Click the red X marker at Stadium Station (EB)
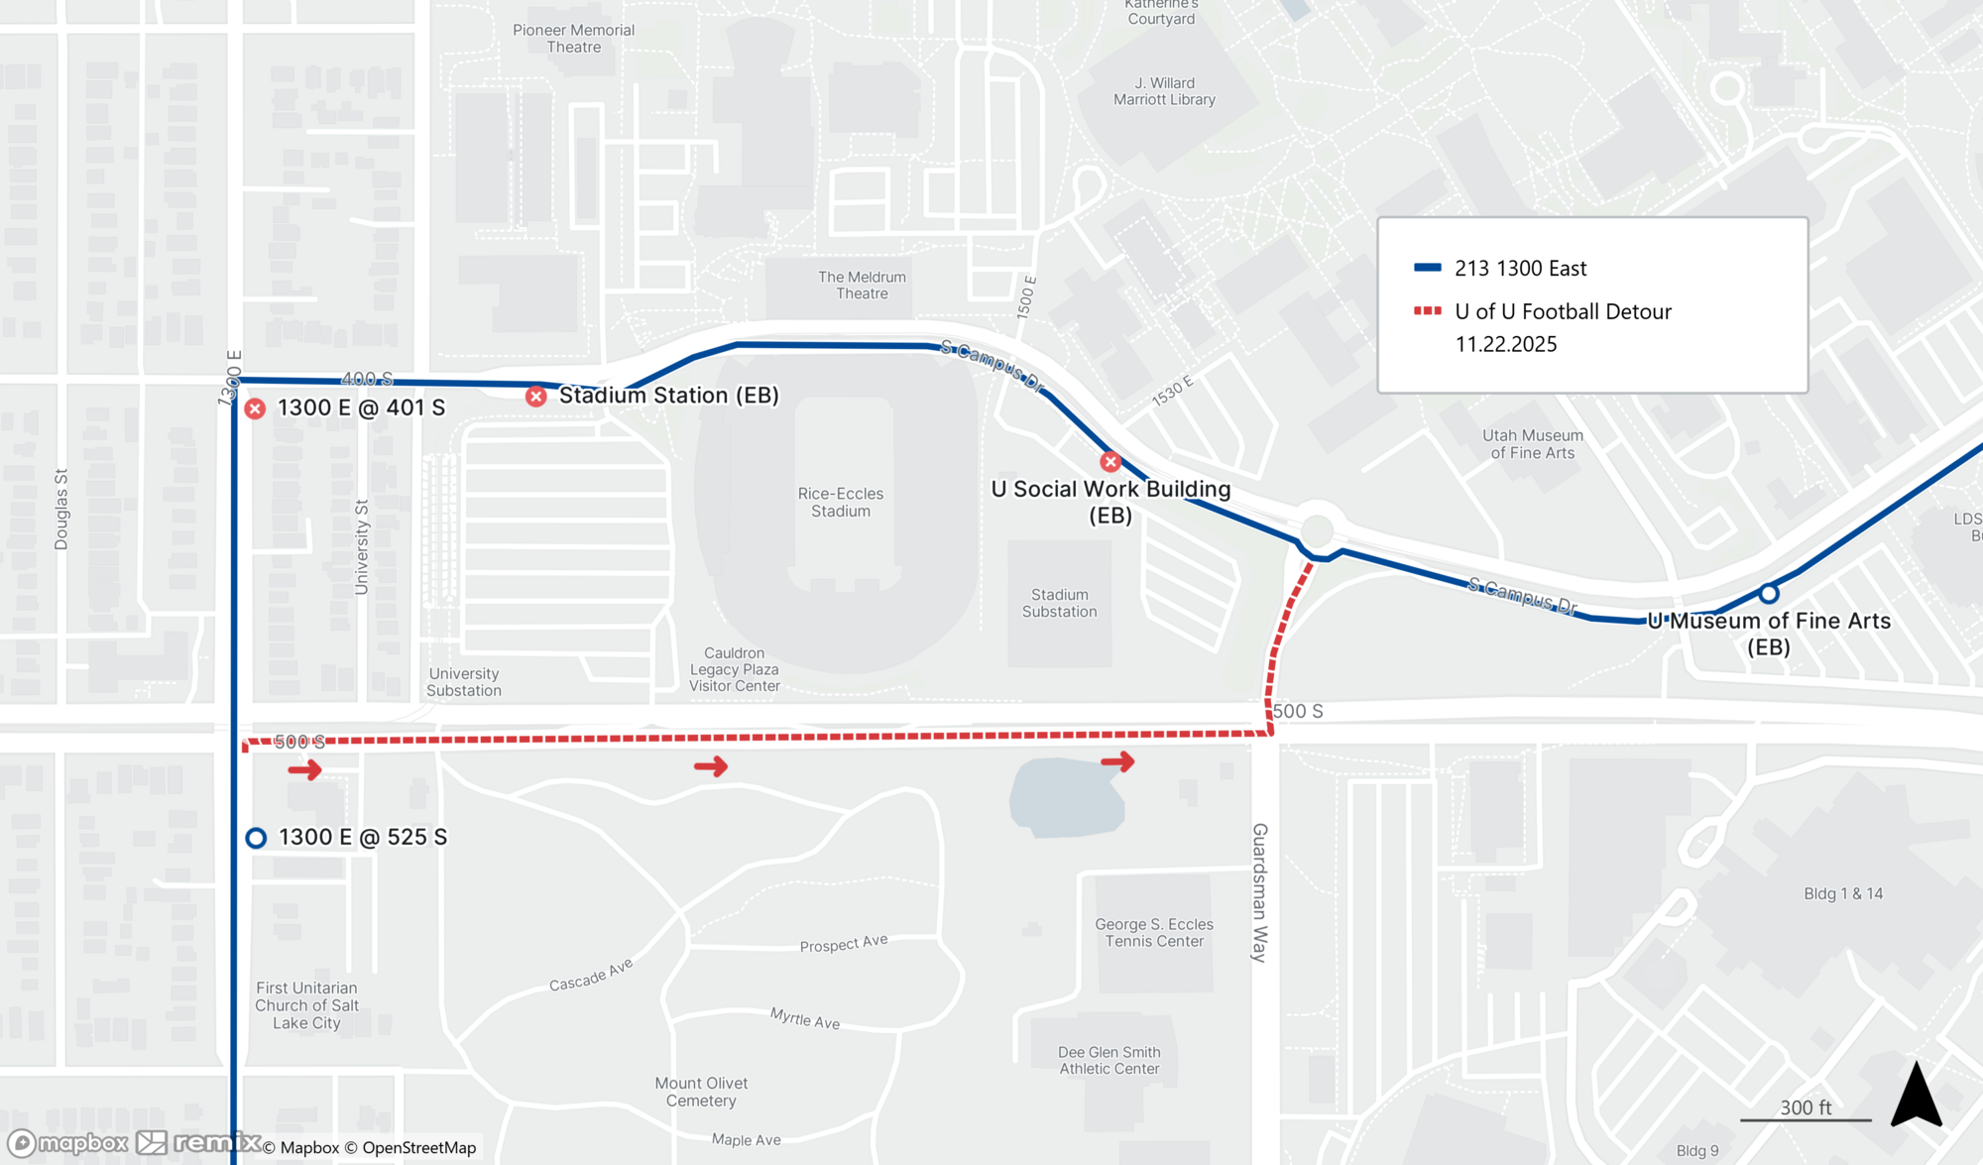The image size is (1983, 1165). pos(536,397)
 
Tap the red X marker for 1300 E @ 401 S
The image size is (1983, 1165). pos(255,408)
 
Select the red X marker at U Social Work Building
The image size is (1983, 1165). pos(1110,462)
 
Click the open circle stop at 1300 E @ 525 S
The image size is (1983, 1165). pos(256,838)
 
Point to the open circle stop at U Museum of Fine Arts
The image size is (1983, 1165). pos(1769,594)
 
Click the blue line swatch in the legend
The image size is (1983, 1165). pos(1427,268)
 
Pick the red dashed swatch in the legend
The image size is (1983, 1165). pos(1427,311)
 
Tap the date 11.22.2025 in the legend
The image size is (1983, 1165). pos(1505,344)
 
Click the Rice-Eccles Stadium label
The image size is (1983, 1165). pos(840,502)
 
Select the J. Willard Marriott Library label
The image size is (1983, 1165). pos(1164,91)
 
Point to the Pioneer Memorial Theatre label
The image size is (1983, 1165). pos(573,39)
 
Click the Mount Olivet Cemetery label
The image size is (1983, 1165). pos(701,1092)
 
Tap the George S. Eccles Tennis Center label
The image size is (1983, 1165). pos(1154,932)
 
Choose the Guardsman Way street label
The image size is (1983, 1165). pos(1259,892)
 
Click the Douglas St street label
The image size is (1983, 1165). pos(61,510)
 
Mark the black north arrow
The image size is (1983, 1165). pos(1916,1096)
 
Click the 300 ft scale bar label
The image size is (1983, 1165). pos(1806,1107)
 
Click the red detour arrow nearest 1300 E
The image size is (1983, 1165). pos(304,769)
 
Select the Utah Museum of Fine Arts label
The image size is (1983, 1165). pos(1532,444)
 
